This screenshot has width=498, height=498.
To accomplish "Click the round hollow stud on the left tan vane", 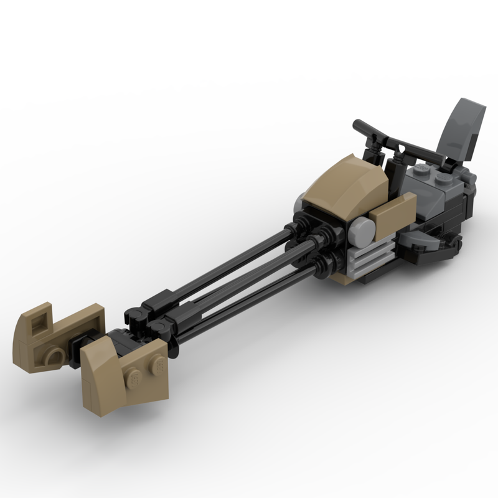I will pyautogui.click(x=52, y=357).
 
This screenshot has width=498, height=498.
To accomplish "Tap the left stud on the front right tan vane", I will pyautogui.click(x=132, y=376).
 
